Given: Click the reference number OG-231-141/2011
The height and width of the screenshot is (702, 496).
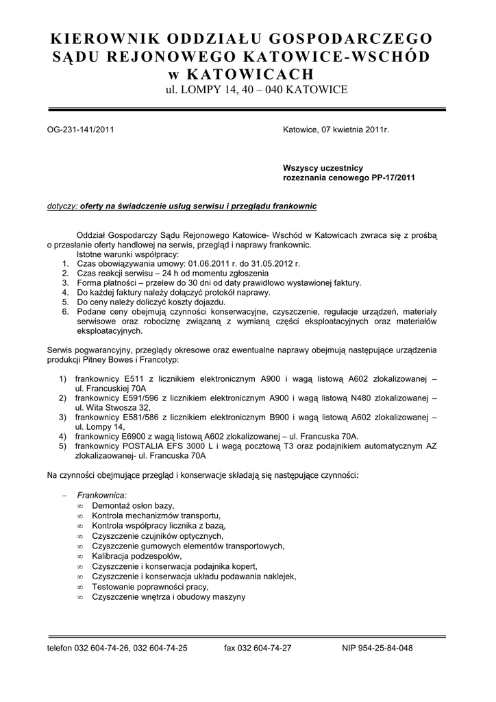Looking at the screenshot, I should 80,129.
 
